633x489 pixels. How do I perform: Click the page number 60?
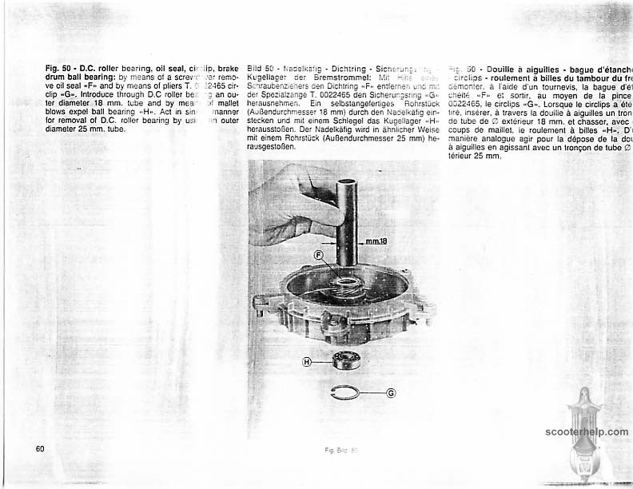pos(39,447)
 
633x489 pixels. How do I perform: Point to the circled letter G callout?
pos(390,393)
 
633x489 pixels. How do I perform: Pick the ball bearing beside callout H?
pos(348,360)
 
